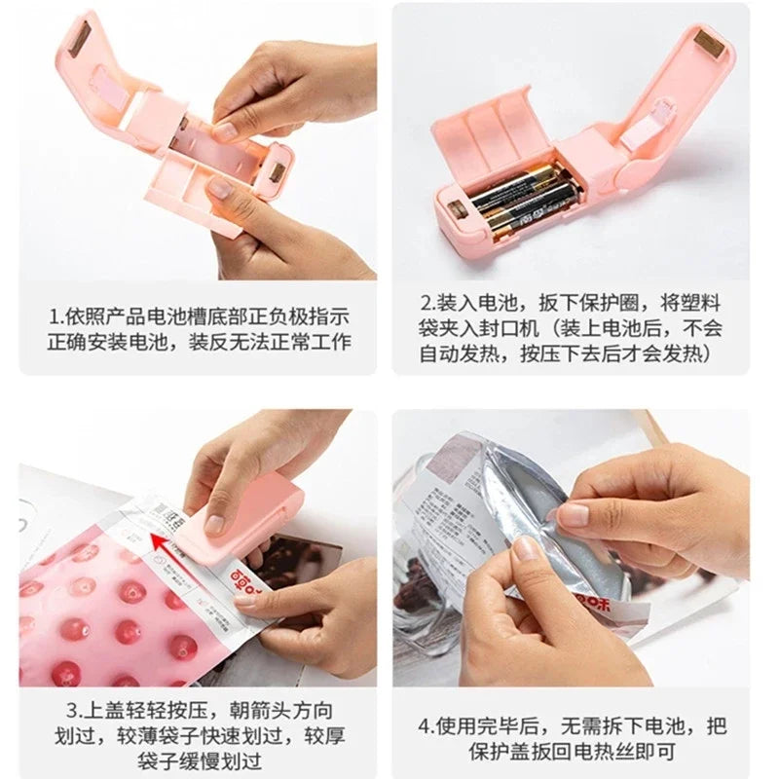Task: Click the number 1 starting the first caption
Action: [x=56, y=316]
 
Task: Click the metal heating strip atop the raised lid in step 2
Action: [x=709, y=42]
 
